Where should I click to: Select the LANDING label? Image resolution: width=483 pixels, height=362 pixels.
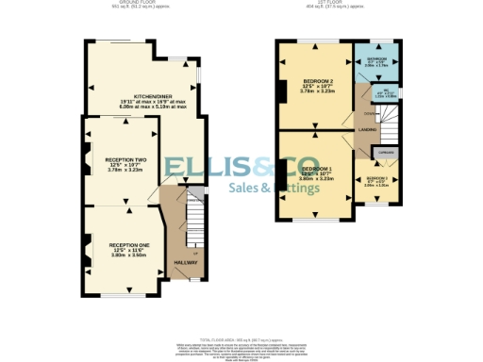pyautogui.click(x=369, y=130)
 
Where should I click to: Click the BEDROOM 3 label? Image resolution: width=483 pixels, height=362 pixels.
pyautogui.click(x=378, y=177)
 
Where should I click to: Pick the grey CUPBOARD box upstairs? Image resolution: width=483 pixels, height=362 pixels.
pyautogui.click(x=386, y=152)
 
